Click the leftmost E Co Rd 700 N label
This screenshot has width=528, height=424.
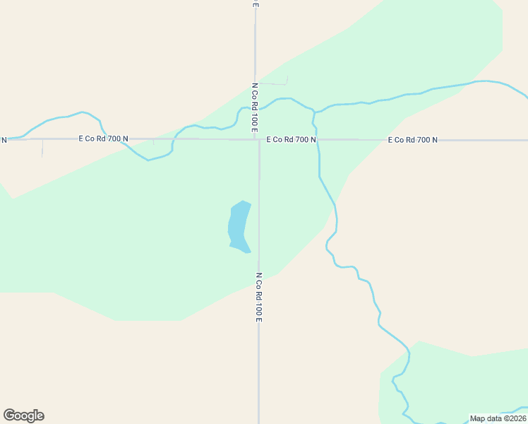(104, 139)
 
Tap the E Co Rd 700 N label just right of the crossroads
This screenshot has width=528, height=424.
(291, 140)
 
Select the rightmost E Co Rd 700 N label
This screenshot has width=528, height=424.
(413, 140)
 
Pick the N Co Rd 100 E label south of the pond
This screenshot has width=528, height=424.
(259, 297)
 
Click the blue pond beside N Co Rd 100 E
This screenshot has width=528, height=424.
(239, 226)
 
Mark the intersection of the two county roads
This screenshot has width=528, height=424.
(258, 139)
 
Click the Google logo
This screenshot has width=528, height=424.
(23, 416)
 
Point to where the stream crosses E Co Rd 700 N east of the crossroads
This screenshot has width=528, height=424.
(318, 140)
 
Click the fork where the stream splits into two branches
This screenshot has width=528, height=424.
(314, 112)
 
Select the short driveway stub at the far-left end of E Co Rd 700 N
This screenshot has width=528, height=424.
(42, 148)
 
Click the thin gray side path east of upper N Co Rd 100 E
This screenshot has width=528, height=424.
(275, 83)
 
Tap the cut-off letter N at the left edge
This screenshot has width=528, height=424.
(4, 139)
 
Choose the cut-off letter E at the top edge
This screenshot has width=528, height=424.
(256, 4)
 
